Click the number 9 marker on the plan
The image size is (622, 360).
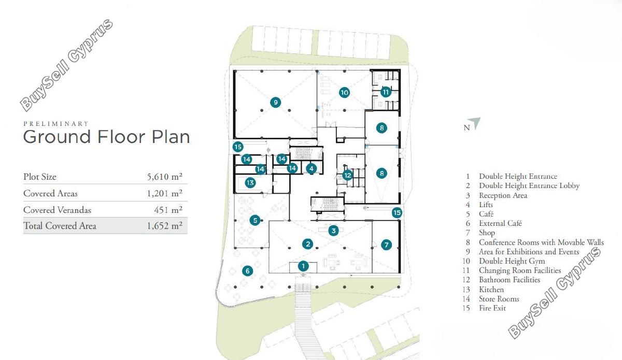(275, 103)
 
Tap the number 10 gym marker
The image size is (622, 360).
(344, 92)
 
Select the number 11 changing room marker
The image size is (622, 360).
(386, 92)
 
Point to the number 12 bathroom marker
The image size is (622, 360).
(347, 175)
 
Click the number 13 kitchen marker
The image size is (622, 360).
(250, 183)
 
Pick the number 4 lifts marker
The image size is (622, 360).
(312, 168)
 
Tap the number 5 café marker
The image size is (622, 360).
(255, 220)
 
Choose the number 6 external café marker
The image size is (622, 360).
(247, 270)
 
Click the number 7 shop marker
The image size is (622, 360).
(386, 245)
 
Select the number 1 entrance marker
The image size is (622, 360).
(303, 266)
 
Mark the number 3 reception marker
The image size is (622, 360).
(333, 231)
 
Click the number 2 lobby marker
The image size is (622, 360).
(308, 244)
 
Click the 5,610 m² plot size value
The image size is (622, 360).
(165, 177)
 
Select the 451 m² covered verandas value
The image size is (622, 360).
(168, 210)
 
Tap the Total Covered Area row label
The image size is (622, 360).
(60, 226)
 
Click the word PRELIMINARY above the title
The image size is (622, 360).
(56, 123)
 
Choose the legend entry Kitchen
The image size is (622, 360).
(491, 290)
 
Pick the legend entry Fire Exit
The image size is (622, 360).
(492, 308)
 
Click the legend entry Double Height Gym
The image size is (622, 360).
(512, 261)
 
